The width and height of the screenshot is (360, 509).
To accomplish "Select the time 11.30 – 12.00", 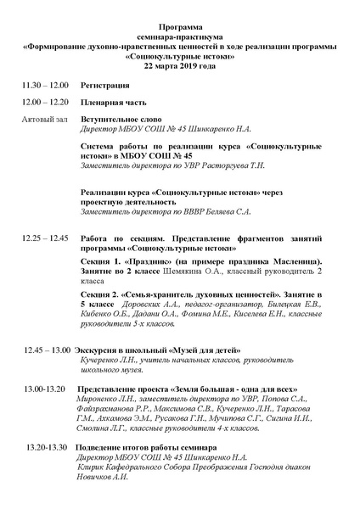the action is (46, 86).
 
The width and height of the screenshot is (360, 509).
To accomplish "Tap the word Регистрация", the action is (104, 86).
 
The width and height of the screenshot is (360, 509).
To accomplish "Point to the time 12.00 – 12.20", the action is (46, 102).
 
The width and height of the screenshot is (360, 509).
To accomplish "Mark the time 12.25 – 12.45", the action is (46, 238).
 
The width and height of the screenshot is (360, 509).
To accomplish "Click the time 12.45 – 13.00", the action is (48, 350).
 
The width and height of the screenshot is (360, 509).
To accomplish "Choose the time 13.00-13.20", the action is (45, 389).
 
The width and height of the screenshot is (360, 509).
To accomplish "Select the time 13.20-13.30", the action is (47, 447).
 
